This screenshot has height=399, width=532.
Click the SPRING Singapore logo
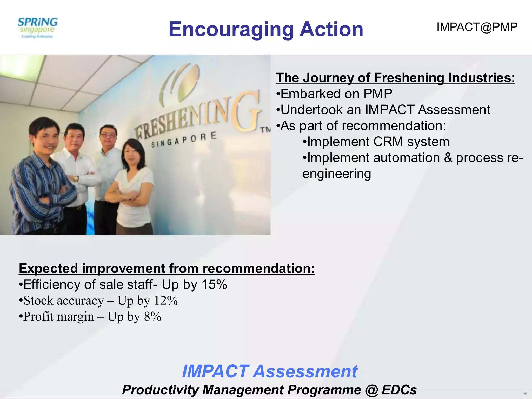pyautogui.click(x=38, y=28)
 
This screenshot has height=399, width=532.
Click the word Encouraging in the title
pyautogui.click(x=231, y=29)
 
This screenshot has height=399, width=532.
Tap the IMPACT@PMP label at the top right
pyautogui.click(x=477, y=27)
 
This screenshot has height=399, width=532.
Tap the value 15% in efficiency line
pyautogui.click(x=214, y=284)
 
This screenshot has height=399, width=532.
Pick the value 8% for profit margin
pyautogui.click(x=152, y=317)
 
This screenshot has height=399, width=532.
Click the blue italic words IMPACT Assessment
pyautogui.click(x=269, y=371)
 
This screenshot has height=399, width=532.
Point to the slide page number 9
pyautogui.click(x=525, y=393)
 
